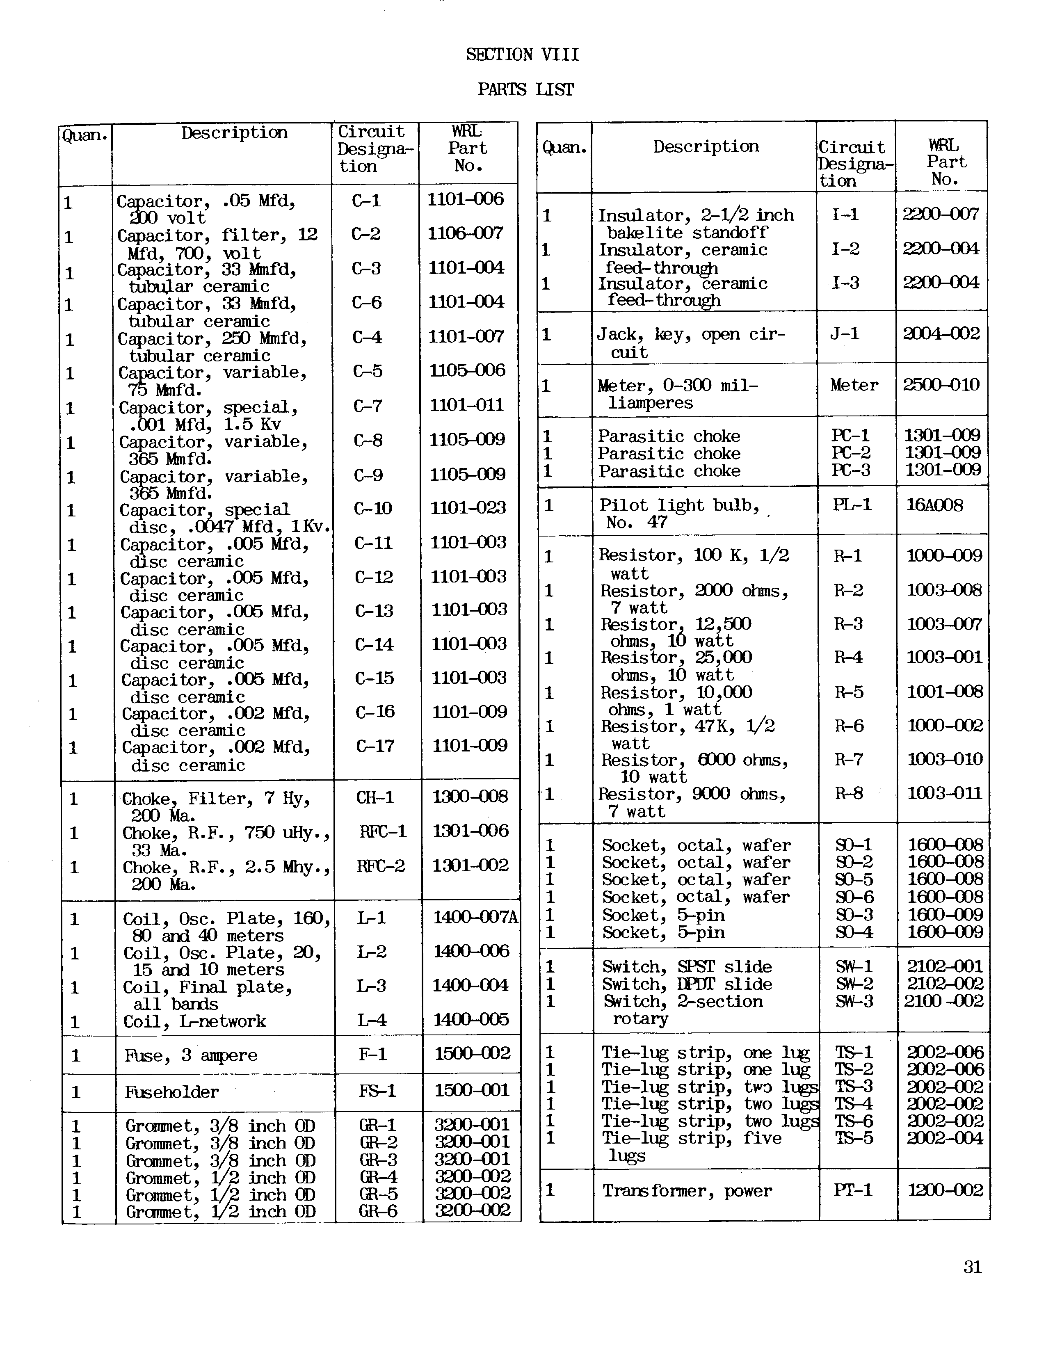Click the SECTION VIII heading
522,55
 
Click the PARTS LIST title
525,90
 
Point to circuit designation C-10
373,509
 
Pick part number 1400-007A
475,918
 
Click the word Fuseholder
172,1092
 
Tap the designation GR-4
378,1176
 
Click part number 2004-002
941,334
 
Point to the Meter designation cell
854,386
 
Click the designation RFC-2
381,866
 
